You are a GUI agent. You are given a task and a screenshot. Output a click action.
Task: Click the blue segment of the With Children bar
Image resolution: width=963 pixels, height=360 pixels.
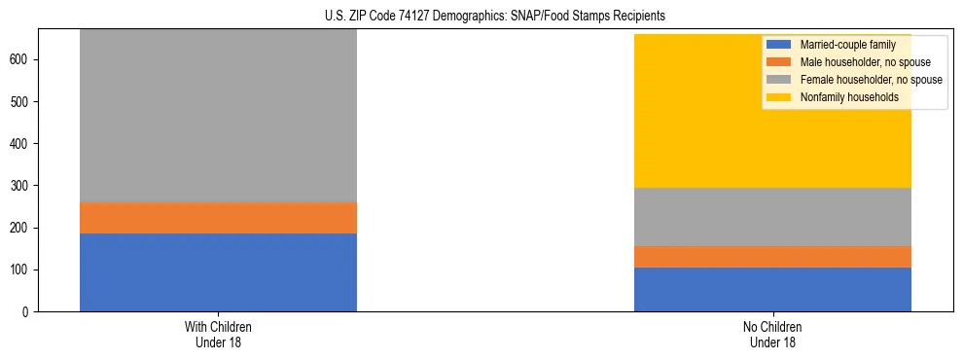point(218,272)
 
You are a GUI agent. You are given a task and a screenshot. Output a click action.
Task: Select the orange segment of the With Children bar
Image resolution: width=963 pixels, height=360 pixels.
point(218,218)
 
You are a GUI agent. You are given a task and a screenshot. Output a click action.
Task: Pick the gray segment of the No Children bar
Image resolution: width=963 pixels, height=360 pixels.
point(772,217)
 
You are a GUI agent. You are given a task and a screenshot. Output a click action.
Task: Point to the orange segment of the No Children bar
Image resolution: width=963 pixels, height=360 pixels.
point(772,257)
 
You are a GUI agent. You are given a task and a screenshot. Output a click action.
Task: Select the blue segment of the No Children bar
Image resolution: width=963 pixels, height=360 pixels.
point(772,289)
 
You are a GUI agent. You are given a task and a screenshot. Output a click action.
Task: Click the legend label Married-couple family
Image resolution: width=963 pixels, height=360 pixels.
point(847,45)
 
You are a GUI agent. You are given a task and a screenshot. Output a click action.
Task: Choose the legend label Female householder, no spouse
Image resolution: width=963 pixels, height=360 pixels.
point(871,80)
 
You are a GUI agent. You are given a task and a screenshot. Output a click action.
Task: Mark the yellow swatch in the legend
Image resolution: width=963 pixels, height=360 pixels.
point(779,97)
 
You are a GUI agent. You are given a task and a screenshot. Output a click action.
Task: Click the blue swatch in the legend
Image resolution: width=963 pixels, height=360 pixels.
point(779,45)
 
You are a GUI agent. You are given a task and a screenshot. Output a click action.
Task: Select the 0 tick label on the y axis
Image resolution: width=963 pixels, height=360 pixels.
point(26,312)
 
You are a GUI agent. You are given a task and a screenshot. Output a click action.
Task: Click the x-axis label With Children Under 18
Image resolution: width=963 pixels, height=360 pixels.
point(218,334)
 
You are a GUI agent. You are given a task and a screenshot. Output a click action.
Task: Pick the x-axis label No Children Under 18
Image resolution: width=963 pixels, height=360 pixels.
point(772,334)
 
